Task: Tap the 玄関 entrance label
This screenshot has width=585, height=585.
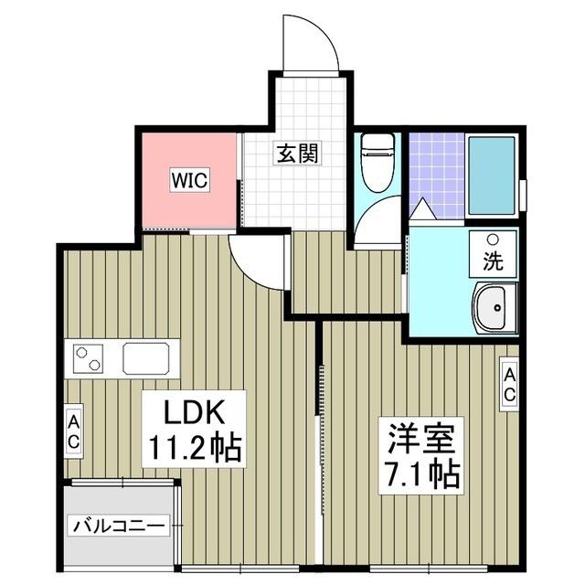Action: tap(297, 154)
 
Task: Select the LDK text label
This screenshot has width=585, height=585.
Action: tap(194, 410)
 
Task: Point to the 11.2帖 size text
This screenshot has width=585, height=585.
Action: tap(194, 448)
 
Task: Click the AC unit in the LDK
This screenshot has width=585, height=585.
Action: tap(73, 429)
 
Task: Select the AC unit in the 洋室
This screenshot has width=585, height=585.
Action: tap(508, 384)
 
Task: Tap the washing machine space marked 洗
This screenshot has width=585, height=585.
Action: tap(492, 254)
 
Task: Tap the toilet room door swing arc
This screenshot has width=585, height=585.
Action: tap(377, 224)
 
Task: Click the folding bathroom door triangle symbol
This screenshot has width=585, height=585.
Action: tap(423, 209)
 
